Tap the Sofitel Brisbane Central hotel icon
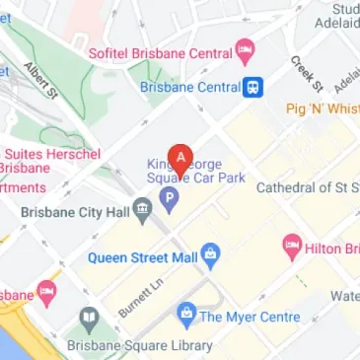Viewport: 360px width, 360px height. coord(245,49)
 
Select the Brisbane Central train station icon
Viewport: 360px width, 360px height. coord(255,87)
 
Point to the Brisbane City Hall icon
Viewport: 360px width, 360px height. coord(142,208)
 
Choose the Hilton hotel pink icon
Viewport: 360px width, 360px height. coord(292,246)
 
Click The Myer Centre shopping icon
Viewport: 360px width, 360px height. coord(184,316)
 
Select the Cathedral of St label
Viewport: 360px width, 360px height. coord(307,187)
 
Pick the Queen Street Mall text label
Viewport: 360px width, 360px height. coord(143,258)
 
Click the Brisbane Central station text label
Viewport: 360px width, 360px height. coord(190,87)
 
